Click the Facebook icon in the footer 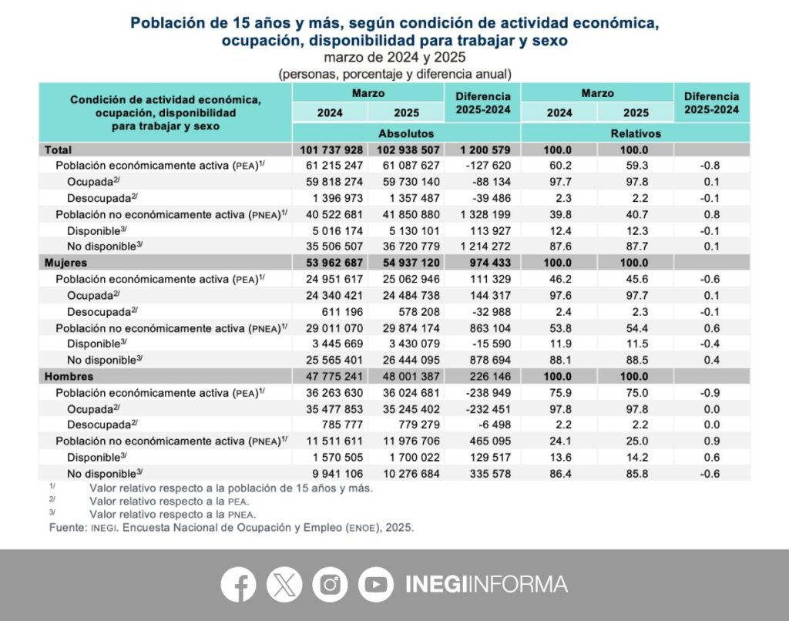[239, 584]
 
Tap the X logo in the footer [284, 584]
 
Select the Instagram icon [330, 584]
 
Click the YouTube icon [376, 584]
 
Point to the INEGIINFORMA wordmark [487, 584]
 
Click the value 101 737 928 [331, 150]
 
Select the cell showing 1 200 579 [485, 150]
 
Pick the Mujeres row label [65, 263]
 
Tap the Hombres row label [69, 377]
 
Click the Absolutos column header [406, 133]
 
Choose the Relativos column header [636, 133]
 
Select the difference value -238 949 [488, 392]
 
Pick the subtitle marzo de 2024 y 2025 [394, 57]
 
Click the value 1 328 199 [485, 214]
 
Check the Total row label [58, 150]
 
